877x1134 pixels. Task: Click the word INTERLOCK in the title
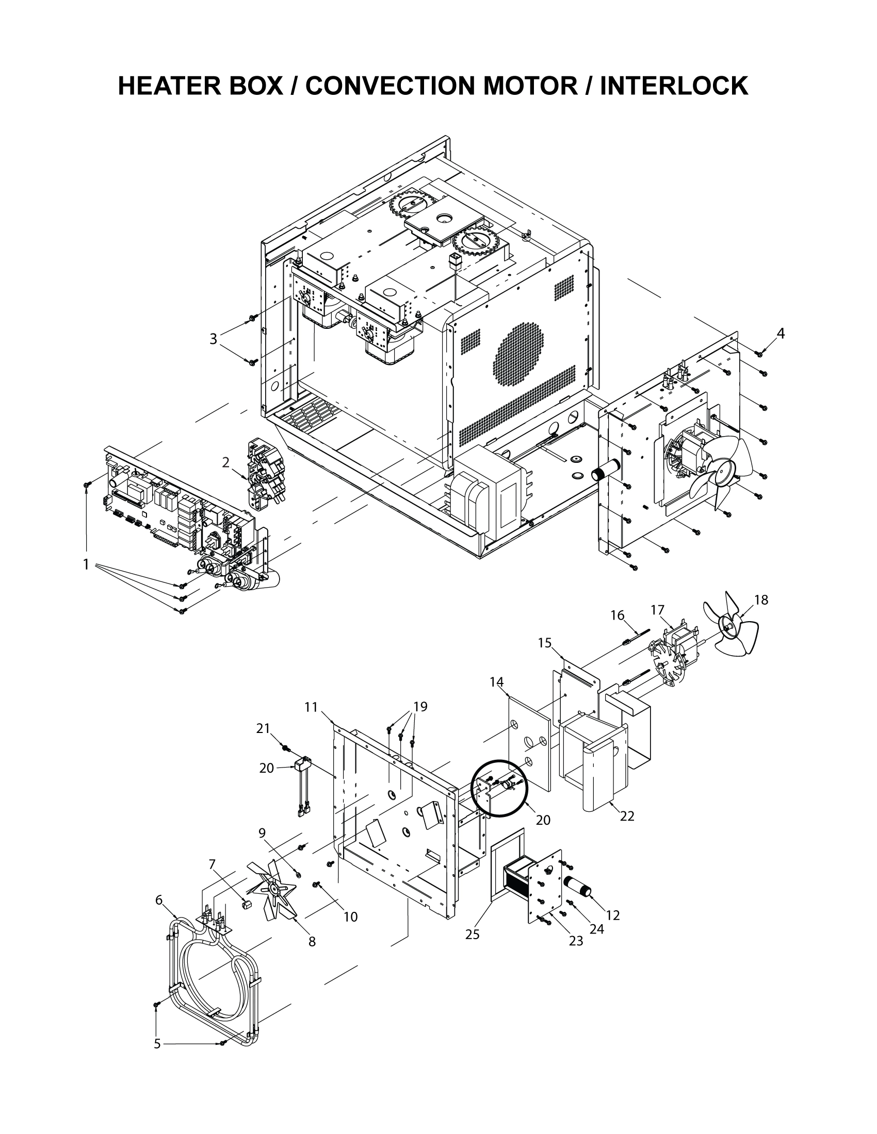tap(674, 86)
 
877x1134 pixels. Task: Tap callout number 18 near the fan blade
tap(760, 600)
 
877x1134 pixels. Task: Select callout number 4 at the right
tap(781, 334)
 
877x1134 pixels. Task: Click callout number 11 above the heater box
tap(311, 707)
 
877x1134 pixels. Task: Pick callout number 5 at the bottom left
tap(157, 1044)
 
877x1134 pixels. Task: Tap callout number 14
tap(496, 681)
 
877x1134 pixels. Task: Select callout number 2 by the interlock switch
tap(225, 462)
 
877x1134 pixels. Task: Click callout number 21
tap(264, 728)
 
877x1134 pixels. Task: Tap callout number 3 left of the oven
tap(213, 339)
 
